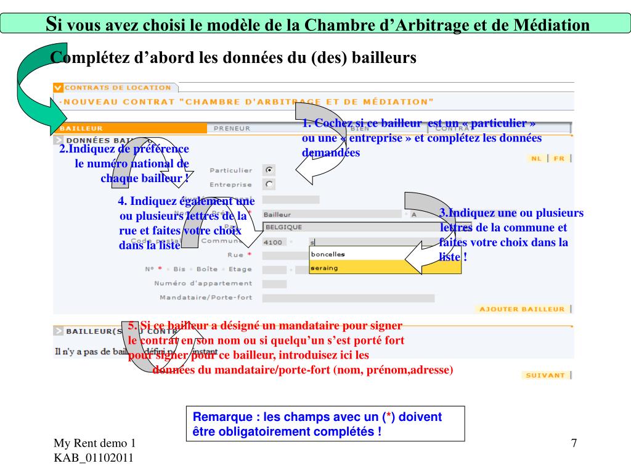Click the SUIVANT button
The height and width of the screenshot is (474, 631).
tap(545, 375)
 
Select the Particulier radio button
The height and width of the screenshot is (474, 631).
tap(269, 170)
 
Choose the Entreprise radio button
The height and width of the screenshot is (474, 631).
tap(269, 184)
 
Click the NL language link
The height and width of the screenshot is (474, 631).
tap(537, 159)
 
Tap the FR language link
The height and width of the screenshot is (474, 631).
tap(559, 159)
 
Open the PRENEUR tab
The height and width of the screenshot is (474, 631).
tap(232, 128)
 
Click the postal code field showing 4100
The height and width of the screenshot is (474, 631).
tap(273, 242)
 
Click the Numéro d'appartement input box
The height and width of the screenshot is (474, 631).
tap(274, 284)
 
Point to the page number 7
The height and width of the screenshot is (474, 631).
tap(574, 444)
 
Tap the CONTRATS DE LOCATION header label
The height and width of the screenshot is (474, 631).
tap(118, 88)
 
